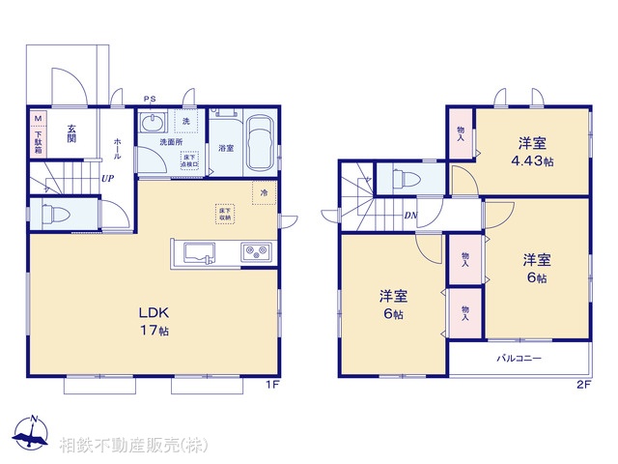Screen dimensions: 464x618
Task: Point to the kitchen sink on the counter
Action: (199, 254)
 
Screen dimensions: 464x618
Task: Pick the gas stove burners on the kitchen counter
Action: (257, 254)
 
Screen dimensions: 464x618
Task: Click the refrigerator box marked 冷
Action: (263, 192)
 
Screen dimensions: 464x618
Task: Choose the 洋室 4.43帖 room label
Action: (531, 151)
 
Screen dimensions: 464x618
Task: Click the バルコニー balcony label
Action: (519, 359)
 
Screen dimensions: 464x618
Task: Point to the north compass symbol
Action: (31, 433)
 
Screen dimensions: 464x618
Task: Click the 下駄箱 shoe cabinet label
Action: (39, 144)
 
